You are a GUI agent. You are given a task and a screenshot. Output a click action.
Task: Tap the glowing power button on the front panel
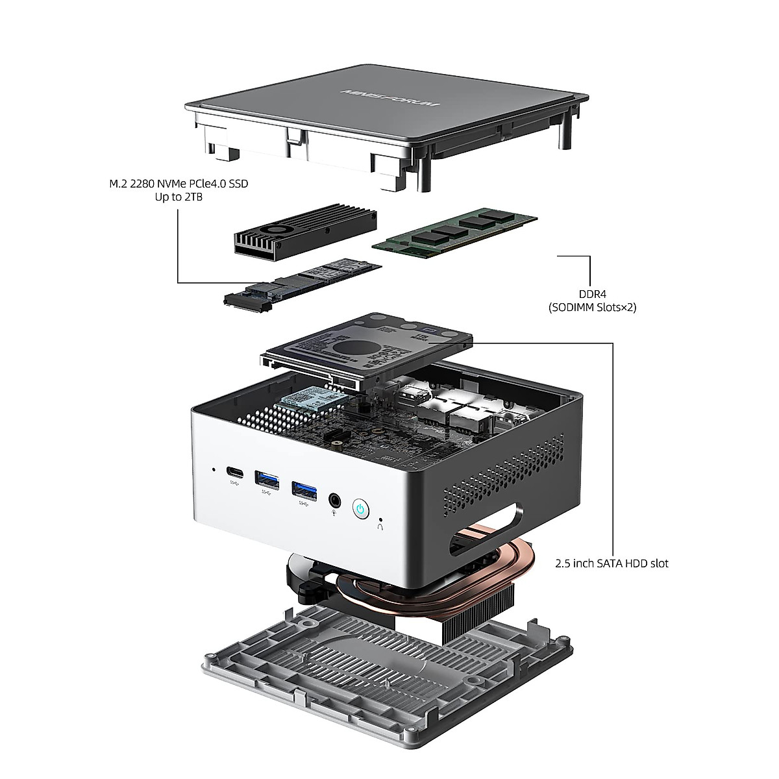click(360, 508)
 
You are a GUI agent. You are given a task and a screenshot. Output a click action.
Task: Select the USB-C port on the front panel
click(233, 472)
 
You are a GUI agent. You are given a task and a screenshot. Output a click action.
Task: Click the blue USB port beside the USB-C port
click(267, 480)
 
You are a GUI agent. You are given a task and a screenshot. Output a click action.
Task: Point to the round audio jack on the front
click(335, 500)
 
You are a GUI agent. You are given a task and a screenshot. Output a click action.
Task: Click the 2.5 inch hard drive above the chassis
click(367, 347)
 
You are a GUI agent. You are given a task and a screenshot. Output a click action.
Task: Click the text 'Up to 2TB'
click(178, 197)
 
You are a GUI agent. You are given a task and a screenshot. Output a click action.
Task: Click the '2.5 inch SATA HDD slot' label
click(612, 563)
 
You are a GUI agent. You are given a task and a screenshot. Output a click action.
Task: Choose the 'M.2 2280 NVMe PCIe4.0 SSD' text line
click(178, 184)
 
